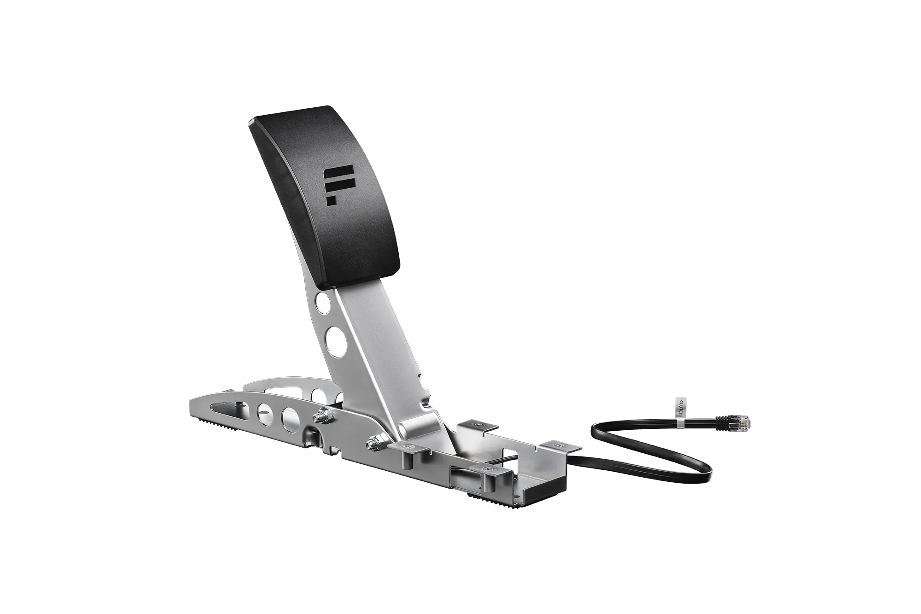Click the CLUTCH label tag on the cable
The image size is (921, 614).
tap(680, 408)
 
